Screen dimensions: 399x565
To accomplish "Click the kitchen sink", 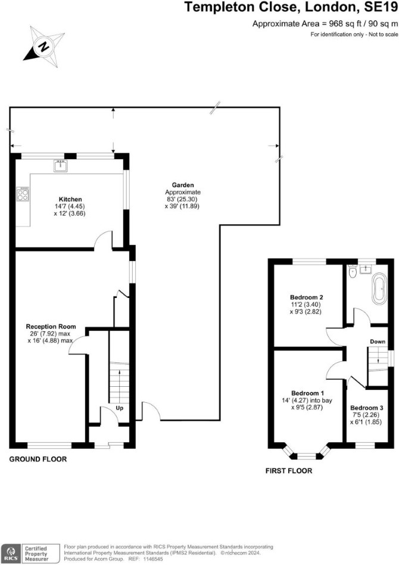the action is pyautogui.click(x=60, y=166).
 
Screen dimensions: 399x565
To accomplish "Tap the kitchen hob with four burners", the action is pyautogui.click(x=22, y=194).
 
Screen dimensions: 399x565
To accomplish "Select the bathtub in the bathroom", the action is pyautogui.click(x=380, y=289).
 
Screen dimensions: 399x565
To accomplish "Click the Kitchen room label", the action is pyautogui.click(x=70, y=199).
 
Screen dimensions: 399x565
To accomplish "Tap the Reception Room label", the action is pyautogui.click(x=51, y=327).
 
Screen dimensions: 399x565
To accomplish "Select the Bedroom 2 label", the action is pyautogui.click(x=307, y=297).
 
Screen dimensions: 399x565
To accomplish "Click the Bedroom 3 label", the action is pyautogui.click(x=367, y=408).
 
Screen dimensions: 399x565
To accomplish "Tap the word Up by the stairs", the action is pyautogui.click(x=120, y=408).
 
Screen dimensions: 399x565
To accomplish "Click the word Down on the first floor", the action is pyautogui.click(x=378, y=342).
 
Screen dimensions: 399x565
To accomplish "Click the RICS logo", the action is pyautogui.click(x=10, y=553).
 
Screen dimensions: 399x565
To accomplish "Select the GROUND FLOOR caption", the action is pyautogui.click(x=38, y=459).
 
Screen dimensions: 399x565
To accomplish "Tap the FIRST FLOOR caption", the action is pyautogui.click(x=289, y=471).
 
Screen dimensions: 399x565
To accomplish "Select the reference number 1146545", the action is pyautogui.click(x=148, y=559).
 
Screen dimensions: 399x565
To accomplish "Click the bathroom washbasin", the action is pyautogui.click(x=366, y=269).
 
